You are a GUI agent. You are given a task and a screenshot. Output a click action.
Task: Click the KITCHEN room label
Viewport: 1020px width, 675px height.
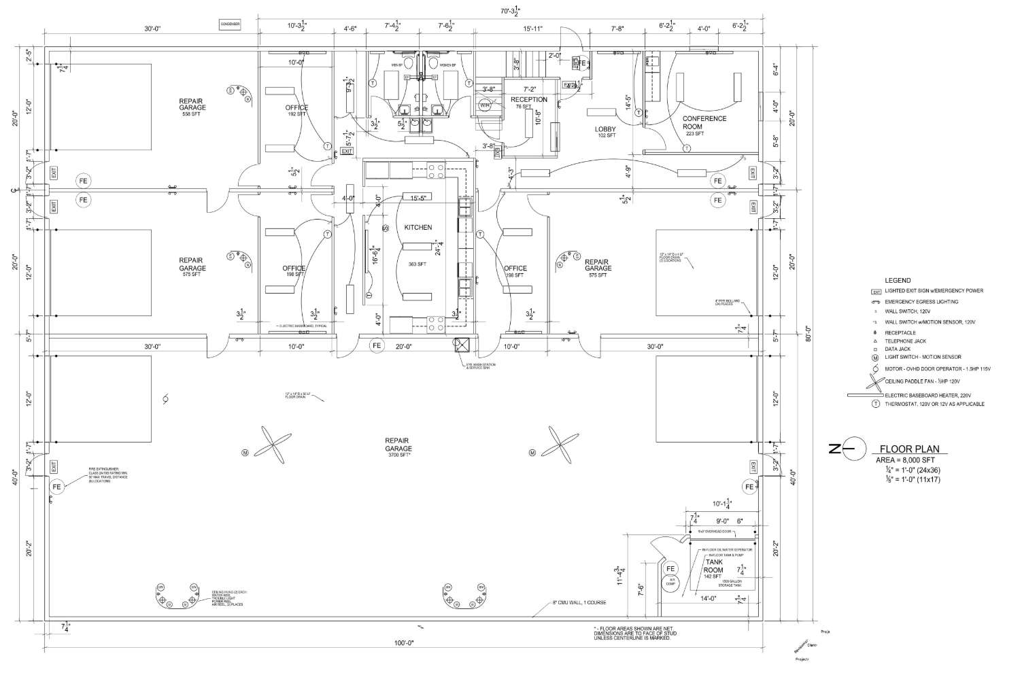point(418,227)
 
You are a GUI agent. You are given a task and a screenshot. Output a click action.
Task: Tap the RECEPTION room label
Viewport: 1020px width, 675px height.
point(528,100)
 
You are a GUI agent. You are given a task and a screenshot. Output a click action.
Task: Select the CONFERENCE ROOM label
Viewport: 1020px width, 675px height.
point(704,122)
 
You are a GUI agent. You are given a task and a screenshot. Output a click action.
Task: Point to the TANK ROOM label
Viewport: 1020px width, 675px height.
point(713,566)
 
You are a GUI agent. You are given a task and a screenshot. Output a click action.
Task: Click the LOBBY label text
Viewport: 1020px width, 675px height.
point(605,128)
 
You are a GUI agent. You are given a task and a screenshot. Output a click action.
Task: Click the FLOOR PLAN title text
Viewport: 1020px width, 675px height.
point(909,449)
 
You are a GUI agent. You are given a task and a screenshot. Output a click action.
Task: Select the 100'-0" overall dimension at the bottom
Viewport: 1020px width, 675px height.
point(403,642)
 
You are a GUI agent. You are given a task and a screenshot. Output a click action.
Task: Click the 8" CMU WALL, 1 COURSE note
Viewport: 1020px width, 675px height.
point(579,603)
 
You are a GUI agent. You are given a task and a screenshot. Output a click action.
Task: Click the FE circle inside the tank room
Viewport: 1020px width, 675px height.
point(670,569)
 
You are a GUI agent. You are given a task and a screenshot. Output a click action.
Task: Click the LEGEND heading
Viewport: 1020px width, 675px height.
point(897,280)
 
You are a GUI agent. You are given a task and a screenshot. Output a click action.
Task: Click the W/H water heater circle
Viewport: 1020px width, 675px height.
point(484,105)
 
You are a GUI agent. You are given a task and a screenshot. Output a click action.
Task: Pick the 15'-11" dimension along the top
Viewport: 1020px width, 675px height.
point(532,29)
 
